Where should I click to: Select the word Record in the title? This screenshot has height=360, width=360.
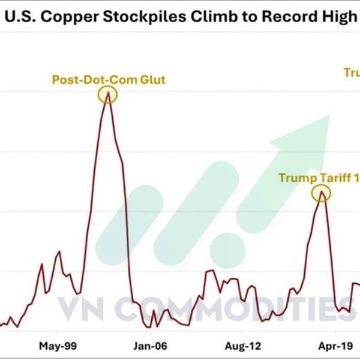click(289, 17)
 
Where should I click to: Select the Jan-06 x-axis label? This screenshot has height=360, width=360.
click(150, 346)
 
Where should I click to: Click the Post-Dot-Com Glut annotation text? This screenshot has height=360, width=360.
click(108, 79)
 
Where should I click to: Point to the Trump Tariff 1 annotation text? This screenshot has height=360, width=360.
click(319, 178)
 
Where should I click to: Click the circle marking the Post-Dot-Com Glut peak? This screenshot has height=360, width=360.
click(108, 94)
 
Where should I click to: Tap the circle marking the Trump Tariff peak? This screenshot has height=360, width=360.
click(322, 193)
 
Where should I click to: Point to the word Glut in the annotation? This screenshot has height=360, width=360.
click(153, 79)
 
